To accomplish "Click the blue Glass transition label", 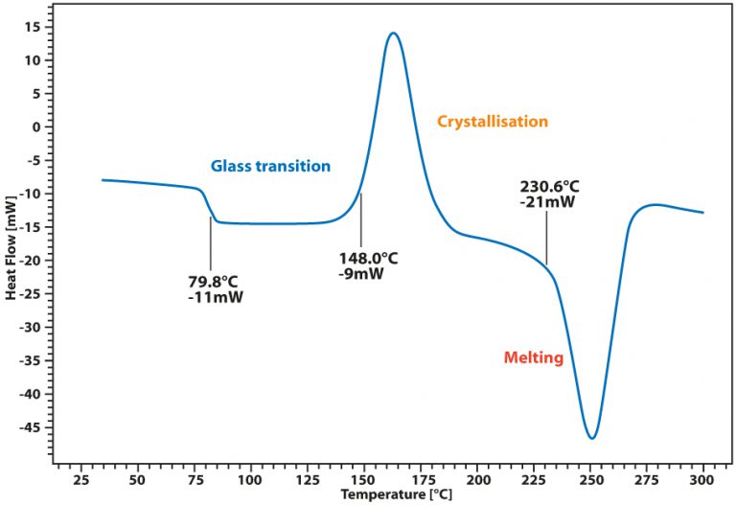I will click(270, 166).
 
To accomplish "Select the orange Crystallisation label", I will click(493, 122).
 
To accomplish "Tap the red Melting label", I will click(533, 358).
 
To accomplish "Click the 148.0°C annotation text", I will click(367, 258).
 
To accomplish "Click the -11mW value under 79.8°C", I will click(215, 297).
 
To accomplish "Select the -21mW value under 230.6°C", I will click(545, 202).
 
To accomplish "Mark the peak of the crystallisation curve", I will click(393, 34).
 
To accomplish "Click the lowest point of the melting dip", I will click(593, 438).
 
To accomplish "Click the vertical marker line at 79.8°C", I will click(211, 243).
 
